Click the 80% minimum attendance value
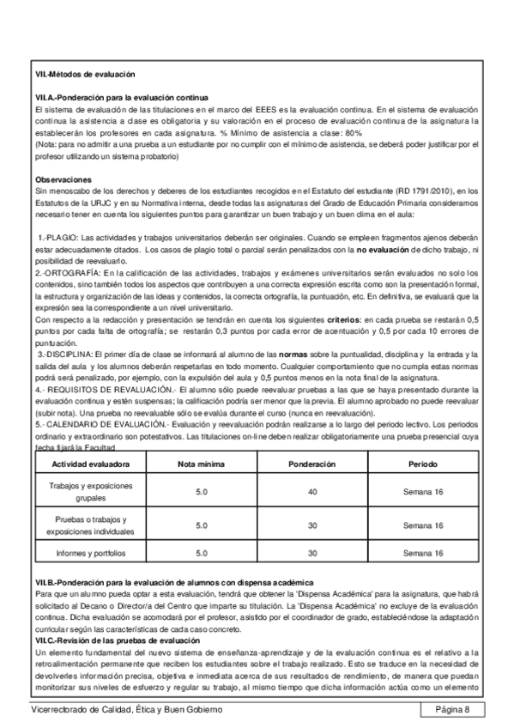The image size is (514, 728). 353,134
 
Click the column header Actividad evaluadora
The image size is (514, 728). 91,464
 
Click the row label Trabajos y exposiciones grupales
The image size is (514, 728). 91,492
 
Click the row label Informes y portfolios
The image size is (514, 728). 91,554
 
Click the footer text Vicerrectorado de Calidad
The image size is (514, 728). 126,709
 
